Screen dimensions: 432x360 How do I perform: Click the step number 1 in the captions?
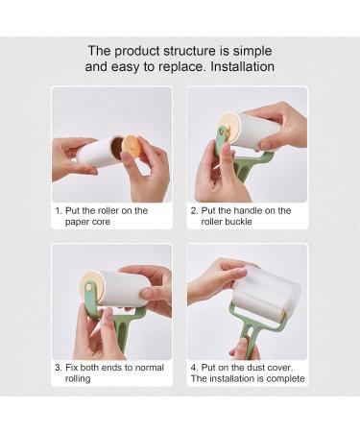pyautogui.click(x=58, y=210)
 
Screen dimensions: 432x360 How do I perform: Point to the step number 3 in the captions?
pyautogui.click(x=58, y=366)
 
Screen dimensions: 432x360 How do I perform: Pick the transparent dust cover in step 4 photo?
pyautogui.click(x=269, y=288)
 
